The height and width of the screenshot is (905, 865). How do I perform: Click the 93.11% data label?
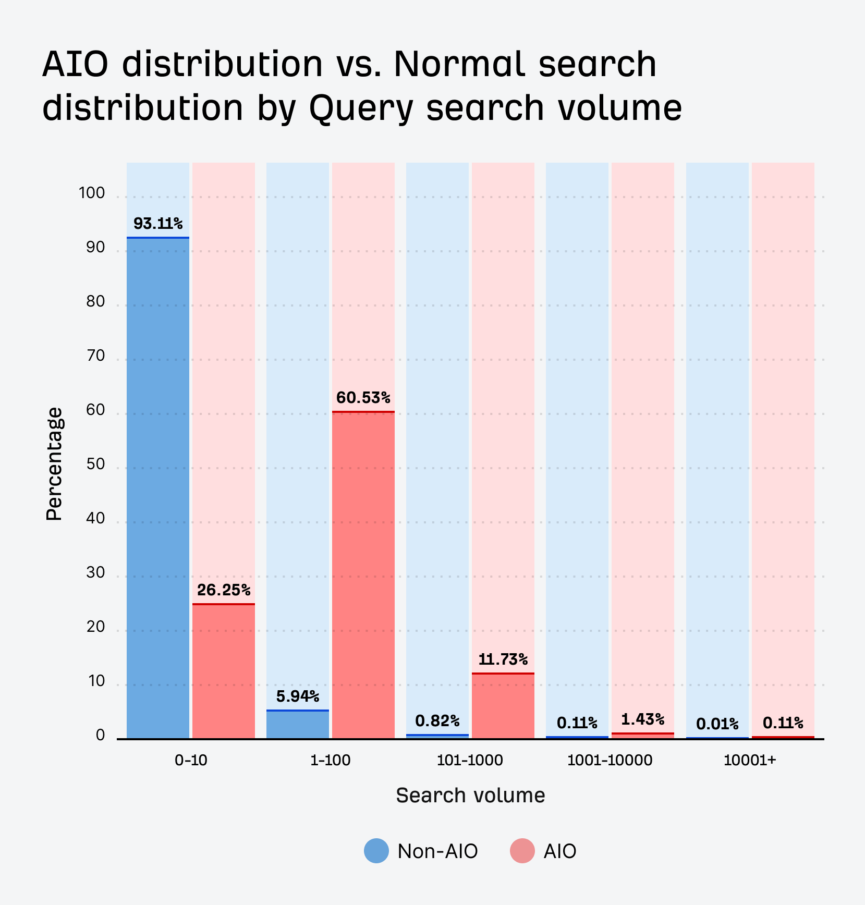(158, 224)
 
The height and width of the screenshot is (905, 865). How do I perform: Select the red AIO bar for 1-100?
(363, 573)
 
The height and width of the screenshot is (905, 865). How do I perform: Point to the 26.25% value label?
(224, 590)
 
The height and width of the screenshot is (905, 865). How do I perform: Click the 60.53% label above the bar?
(363, 398)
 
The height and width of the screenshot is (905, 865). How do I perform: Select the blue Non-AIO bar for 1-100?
(297, 725)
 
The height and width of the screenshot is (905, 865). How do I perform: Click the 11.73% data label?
(503, 659)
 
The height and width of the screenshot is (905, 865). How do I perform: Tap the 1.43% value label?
(642, 719)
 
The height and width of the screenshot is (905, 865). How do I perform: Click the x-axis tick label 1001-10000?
(610, 760)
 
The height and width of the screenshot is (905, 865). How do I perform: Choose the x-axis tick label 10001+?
(750, 760)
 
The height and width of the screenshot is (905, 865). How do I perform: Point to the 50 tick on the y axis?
(95, 464)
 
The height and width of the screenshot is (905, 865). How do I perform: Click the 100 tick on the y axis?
(92, 193)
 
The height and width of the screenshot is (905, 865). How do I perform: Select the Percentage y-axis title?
(54, 464)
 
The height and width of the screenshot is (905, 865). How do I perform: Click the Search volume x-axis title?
(470, 796)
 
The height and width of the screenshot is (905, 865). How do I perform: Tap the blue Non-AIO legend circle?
(376, 851)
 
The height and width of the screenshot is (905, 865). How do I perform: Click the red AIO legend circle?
(522, 851)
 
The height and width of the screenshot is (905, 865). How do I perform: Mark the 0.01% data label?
(717, 724)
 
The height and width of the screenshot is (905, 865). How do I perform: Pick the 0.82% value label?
(437, 720)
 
